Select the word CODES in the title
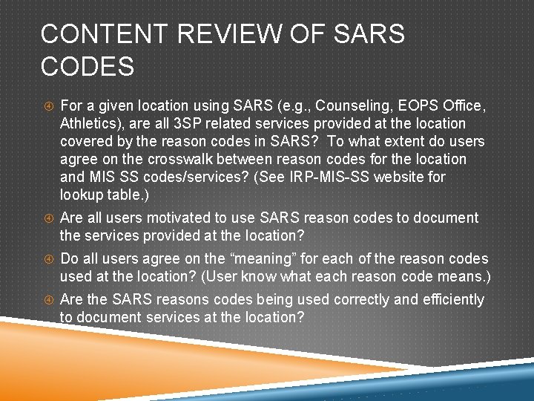coord(88,67)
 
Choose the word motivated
coord(174,218)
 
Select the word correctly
coord(360,300)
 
